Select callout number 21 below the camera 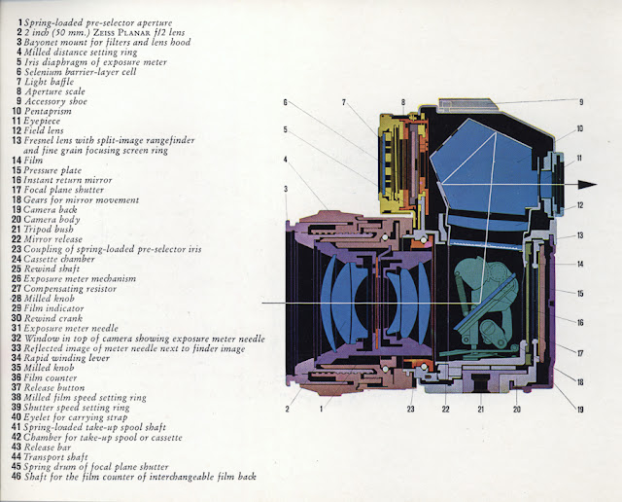(x=480, y=410)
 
